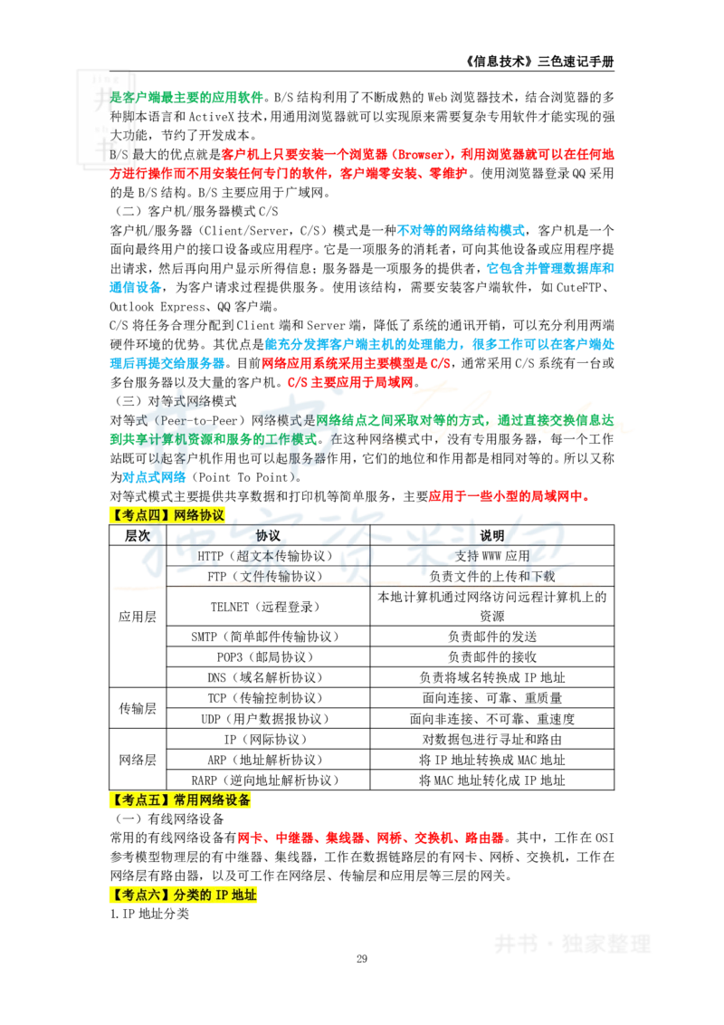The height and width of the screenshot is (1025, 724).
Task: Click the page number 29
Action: coord(362,958)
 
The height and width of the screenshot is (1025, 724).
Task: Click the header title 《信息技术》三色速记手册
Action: coord(539,62)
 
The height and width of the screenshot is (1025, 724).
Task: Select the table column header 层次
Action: coord(138,535)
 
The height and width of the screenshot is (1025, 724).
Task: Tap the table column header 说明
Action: coord(492,535)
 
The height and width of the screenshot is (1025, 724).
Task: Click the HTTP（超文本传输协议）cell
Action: coord(268,556)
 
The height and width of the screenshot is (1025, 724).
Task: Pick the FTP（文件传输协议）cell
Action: coord(268,576)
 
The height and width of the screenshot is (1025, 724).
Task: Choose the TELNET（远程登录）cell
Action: coord(268,607)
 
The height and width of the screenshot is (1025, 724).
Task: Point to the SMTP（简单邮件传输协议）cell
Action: coord(268,636)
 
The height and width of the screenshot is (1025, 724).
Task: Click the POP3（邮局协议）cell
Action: coord(268,656)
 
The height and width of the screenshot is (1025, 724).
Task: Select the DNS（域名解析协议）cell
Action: coord(268,677)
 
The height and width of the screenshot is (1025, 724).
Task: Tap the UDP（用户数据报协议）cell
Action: coord(268,718)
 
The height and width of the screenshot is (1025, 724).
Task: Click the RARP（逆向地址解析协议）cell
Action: coord(268,780)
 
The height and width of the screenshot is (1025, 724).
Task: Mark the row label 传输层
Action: coord(138,708)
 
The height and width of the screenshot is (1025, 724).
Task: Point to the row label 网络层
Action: coord(138,760)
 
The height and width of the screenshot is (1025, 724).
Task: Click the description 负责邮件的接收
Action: coord(492,656)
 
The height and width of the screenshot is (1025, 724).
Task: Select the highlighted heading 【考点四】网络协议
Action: coord(167,515)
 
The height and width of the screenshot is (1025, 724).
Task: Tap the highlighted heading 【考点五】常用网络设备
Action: coord(180,800)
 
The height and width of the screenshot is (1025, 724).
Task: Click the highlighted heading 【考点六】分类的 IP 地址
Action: coord(184,895)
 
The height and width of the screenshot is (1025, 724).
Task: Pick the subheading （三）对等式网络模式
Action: coord(176,401)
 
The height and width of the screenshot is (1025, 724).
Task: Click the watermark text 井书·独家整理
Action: coord(572,944)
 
